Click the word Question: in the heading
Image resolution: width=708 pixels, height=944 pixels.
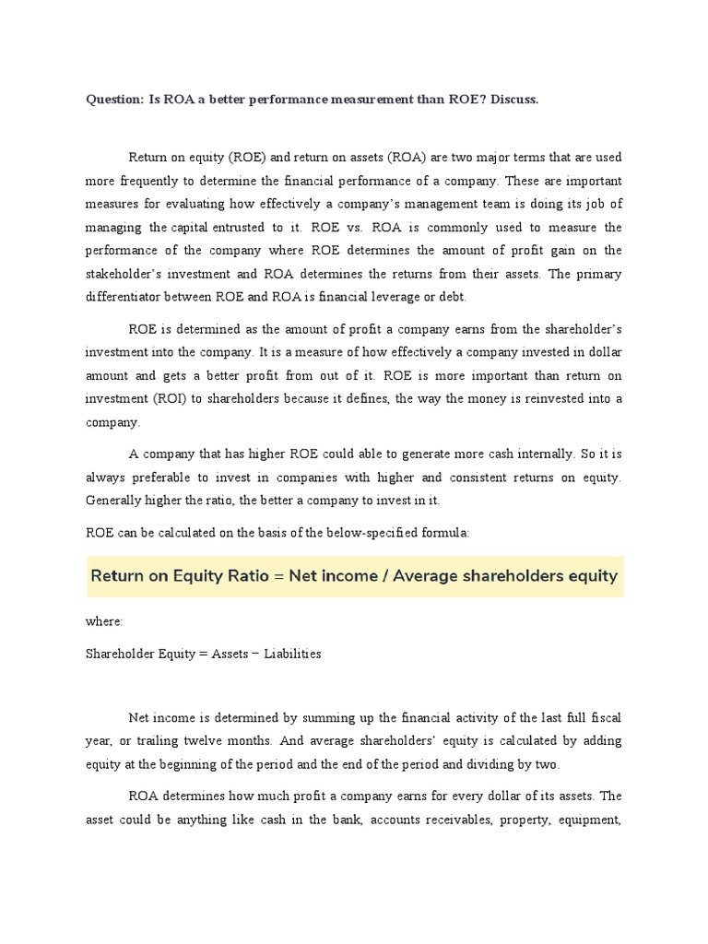[114, 100]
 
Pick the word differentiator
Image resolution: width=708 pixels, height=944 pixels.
[128, 297]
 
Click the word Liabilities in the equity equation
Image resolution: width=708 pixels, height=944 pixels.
[292, 654]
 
